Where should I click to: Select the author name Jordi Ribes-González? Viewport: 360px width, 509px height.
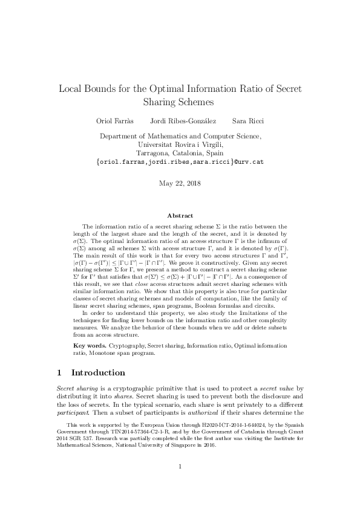(x=179, y=121)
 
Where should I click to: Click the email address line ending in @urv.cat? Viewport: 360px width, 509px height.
(x=180, y=162)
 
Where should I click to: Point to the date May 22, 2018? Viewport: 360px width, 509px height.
(x=180, y=183)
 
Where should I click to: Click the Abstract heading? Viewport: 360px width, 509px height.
(x=180, y=216)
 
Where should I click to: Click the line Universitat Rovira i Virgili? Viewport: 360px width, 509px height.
(x=180, y=145)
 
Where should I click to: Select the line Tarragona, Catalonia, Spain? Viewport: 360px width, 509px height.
(x=180, y=154)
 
